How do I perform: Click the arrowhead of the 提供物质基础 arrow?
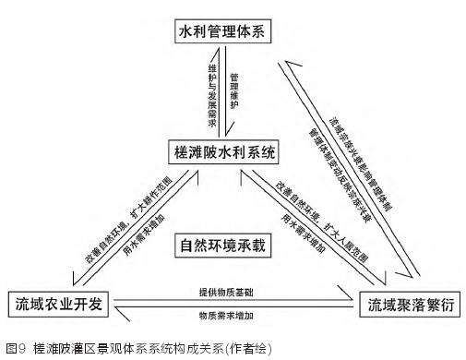click(355, 301)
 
